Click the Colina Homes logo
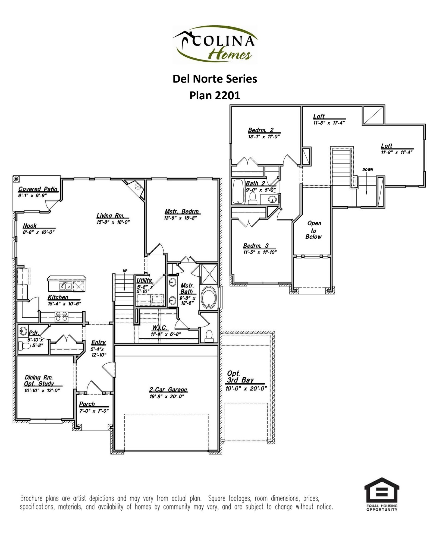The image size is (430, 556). pos(215,44)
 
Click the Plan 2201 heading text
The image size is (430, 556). pos(215,95)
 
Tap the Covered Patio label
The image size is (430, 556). pos(38,189)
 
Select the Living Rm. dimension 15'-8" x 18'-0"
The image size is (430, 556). pos(113,222)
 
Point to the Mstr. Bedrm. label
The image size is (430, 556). pos(182,211)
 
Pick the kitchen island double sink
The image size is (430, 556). pos(65,286)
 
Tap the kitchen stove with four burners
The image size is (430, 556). pos(61,316)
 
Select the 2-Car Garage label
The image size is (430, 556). pos(168,390)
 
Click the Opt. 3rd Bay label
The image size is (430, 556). pos(240,377)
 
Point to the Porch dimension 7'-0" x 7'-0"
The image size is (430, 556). pos(94,411)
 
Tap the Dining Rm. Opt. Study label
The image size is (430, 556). pos(39,380)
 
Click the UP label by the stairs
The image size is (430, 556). pos(125,271)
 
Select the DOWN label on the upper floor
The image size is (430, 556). pos(368,170)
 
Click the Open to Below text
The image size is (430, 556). pos(314,230)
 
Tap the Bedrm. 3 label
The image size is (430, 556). pos(256,246)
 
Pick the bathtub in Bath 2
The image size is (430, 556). pos(238,191)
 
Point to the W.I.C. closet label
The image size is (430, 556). pos(159,328)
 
